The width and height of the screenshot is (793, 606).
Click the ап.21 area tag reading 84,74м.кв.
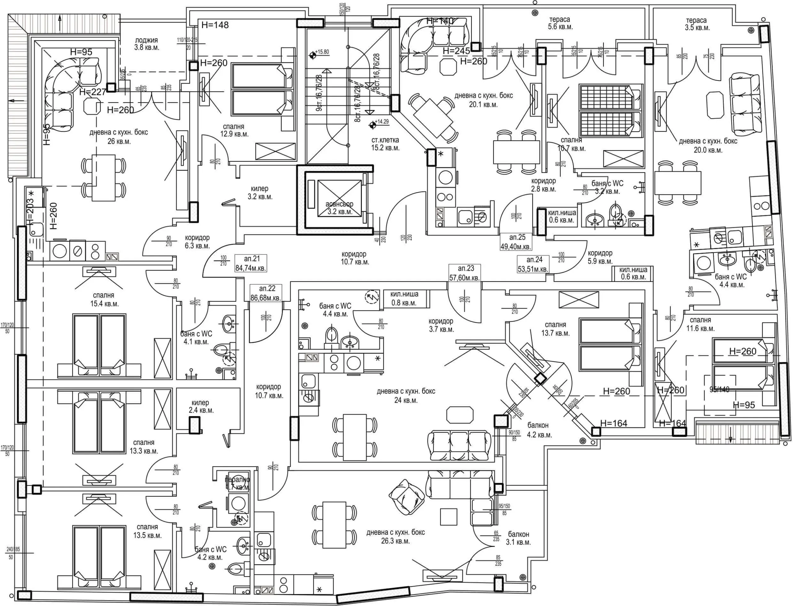(x=251, y=263)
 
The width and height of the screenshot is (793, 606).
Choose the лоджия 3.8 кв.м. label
(x=147, y=44)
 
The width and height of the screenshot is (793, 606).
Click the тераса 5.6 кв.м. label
(x=560, y=23)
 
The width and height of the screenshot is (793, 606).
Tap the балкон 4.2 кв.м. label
(x=539, y=430)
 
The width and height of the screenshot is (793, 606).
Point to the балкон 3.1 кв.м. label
(x=518, y=538)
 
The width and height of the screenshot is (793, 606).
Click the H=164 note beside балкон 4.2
(x=614, y=424)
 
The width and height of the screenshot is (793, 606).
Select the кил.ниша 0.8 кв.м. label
(x=404, y=299)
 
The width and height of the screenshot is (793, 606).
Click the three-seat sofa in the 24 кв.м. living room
(x=459, y=446)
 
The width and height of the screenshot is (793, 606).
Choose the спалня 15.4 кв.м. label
(x=105, y=299)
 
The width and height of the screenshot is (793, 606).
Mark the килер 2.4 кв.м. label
(x=201, y=406)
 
